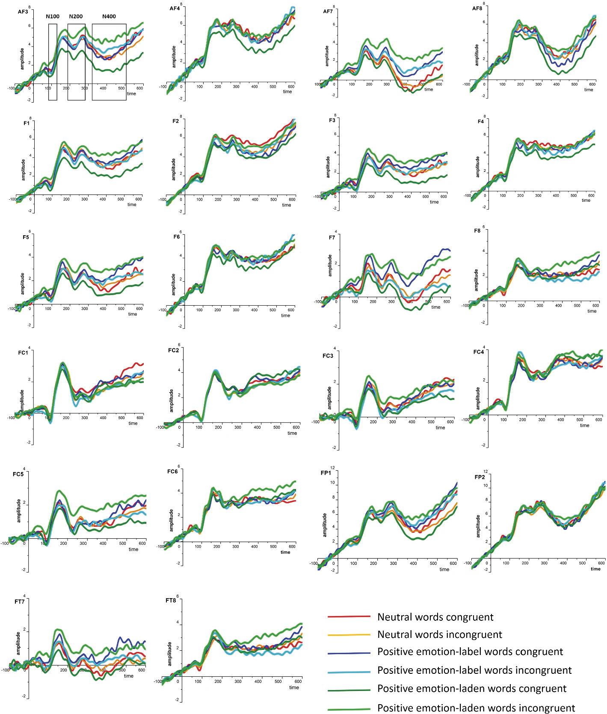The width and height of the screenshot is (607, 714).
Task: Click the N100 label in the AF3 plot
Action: pos(53,17)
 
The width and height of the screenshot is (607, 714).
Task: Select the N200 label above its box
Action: pos(76,17)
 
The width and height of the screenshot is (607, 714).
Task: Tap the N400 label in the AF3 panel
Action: pos(109,17)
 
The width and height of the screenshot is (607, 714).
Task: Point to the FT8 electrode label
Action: pos(170,601)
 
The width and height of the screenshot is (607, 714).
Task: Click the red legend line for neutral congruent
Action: pos(349,617)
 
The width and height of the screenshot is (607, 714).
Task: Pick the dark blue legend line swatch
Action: pos(349,652)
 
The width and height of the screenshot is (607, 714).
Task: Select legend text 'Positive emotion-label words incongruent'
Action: pos(474,670)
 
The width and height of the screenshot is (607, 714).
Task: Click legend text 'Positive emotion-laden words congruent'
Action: pos(472,688)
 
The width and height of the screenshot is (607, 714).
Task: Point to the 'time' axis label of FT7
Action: pos(129,676)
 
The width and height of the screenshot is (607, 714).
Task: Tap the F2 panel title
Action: pos(175,121)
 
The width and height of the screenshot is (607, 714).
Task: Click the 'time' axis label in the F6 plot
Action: pos(285,316)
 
